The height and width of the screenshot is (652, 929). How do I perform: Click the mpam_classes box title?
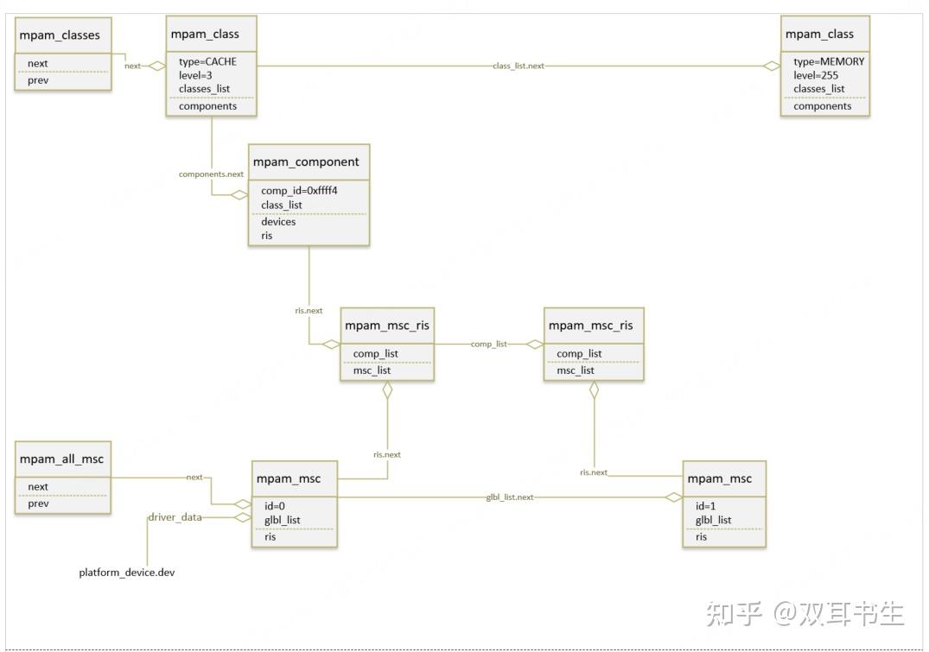(60, 35)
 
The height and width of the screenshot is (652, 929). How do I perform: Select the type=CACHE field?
(207, 61)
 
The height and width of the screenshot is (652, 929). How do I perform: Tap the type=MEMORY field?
(828, 61)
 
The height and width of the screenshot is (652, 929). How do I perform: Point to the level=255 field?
(816, 75)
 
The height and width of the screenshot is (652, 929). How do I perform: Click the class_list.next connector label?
(519, 66)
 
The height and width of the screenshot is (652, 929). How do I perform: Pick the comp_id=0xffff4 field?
(300, 191)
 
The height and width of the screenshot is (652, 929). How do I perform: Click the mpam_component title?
(306, 161)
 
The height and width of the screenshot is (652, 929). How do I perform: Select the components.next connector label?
(211, 174)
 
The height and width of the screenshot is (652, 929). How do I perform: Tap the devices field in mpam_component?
(278, 222)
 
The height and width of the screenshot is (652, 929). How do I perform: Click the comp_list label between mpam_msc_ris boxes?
(489, 344)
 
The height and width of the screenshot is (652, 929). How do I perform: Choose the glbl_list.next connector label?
(510, 497)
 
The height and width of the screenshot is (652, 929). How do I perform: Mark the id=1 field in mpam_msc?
(704, 504)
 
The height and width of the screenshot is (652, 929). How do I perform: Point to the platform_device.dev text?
(127, 573)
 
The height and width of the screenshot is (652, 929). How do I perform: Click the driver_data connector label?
(175, 517)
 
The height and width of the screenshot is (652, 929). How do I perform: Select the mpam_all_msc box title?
(61, 459)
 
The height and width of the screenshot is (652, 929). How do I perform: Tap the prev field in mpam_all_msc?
(38, 503)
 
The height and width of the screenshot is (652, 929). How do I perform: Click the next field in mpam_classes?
(38, 63)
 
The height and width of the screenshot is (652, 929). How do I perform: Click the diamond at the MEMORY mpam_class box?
(771, 66)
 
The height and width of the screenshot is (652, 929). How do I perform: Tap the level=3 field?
(195, 75)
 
